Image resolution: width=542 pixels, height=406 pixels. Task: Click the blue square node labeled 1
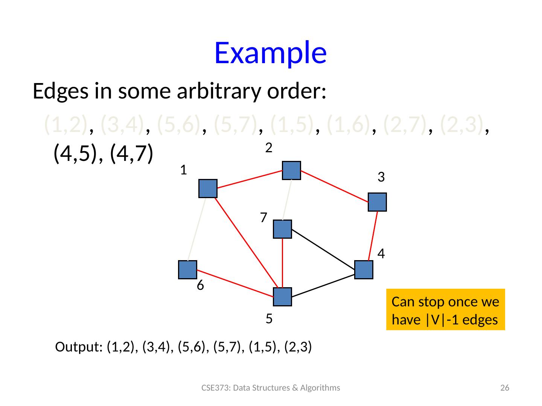click(208, 188)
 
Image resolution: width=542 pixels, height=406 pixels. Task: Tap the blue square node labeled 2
click(291, 170)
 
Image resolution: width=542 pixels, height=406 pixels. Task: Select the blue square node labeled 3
click(377, 202)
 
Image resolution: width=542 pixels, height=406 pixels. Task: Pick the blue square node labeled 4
click(364, 270)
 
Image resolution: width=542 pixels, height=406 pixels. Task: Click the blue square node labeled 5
click(282, 297)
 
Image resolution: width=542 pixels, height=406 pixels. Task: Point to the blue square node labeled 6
click(187, 270)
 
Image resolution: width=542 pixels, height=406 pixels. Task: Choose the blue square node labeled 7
click(282, 229)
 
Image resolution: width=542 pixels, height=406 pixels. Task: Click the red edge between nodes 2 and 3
click(334, 186)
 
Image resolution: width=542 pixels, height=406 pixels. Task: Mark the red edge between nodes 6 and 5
click(235, 283)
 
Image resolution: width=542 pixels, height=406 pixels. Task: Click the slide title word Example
click(270, 52)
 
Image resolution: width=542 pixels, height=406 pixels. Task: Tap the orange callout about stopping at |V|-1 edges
click(445, 309)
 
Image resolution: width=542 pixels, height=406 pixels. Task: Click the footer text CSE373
click(213, 388)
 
